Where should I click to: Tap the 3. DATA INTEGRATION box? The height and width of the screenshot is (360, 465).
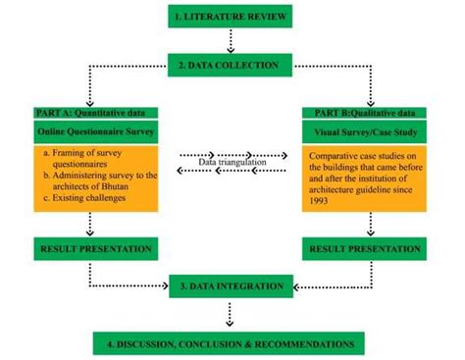tap(232, 286)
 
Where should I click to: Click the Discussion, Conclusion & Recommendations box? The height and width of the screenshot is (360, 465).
tap(231, 343)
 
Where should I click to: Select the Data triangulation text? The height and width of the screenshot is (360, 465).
tap(232, 161)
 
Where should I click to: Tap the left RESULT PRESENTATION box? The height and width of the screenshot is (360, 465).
tap(95, 250)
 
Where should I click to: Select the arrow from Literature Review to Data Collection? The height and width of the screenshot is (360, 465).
tap(232, 41)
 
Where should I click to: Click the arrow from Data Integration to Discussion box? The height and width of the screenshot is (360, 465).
tap(232, 314)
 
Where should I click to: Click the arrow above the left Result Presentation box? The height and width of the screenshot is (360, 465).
tap(90, 225)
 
